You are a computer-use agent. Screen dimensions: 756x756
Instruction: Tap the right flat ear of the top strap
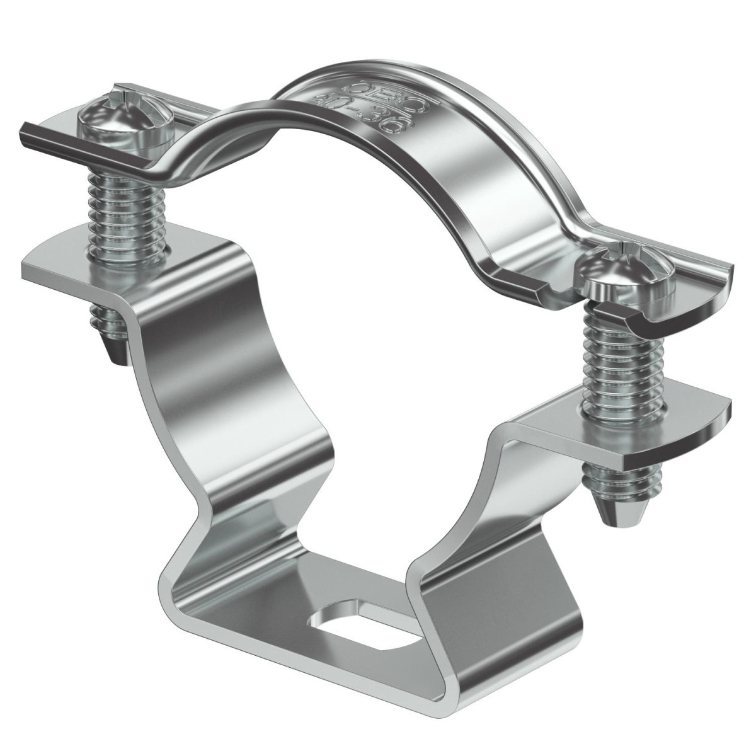click(x=699, y=283)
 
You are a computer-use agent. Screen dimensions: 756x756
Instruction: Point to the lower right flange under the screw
click(x=668, y=435)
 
